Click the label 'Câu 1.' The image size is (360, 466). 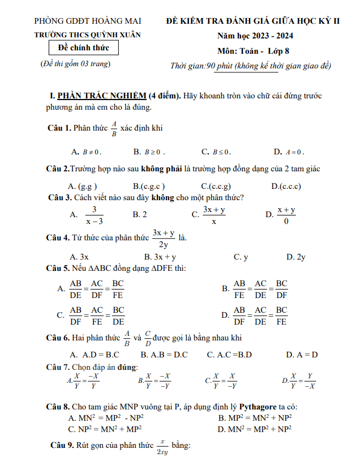coord(59,128)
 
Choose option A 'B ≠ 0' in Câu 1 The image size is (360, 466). coord(86,152)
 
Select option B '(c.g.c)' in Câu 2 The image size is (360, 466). coord(149,186)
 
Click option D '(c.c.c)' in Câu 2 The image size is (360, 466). coord(286,186)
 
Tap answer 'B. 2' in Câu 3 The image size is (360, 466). coord(140,214)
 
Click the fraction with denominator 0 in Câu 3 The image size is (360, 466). coord(286,215)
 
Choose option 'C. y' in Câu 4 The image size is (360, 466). coord(241,257)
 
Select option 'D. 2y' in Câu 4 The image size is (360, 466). coord(296,257)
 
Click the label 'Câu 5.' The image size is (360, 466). coord(58,268)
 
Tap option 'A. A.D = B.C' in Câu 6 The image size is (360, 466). coord(94,355)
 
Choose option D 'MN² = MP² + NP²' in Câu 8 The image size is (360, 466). coord(255,429)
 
